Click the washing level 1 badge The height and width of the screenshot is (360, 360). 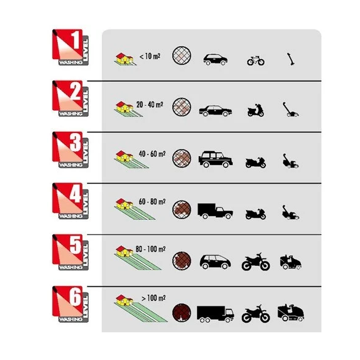click(70, 47)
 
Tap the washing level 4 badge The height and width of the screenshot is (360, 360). click(70, 201)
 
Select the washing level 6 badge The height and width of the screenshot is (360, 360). click(70, 304)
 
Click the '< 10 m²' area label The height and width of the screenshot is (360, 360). click(150, 56)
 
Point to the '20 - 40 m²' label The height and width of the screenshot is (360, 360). click(150, 105)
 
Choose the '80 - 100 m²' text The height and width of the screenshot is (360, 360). click(151, 249)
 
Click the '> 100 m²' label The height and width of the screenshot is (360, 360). click(154, 298)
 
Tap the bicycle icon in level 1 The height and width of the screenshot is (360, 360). click(256, 60)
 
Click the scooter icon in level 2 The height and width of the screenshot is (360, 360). click(255, 110)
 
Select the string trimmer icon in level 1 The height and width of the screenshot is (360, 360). click(291, 59)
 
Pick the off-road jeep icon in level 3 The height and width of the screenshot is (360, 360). click(215, 159)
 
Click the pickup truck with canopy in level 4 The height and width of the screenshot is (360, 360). click(215, 210)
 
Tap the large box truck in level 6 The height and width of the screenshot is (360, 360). click(215, 314)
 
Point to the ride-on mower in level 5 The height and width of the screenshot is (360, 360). click(290, 262)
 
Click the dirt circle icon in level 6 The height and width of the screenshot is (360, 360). click(182, 313)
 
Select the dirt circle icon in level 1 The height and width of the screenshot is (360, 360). click(182, 55)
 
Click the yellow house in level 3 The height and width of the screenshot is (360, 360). click(124, 156)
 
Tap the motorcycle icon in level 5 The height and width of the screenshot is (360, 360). click(256, 262)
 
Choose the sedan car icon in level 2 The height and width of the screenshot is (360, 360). click(215, 111)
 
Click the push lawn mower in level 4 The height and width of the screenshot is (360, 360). click(290, 212)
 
